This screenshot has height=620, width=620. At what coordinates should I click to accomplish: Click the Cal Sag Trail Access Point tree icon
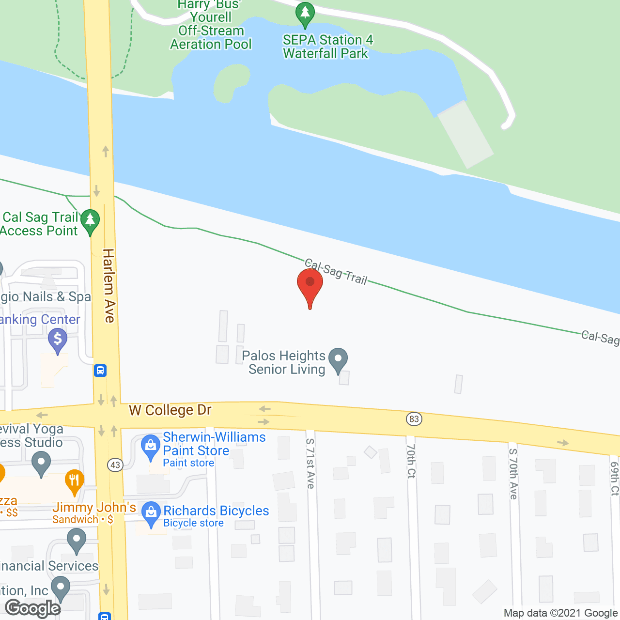90,221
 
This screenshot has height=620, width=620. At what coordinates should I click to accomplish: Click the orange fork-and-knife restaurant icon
74,481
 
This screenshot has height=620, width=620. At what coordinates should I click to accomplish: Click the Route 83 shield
414,419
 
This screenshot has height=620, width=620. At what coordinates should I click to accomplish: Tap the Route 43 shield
115,465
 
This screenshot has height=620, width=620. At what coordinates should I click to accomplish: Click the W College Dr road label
170,410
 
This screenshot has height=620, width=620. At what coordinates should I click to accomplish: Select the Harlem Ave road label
109,286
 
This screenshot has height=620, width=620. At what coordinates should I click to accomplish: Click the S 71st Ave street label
310,464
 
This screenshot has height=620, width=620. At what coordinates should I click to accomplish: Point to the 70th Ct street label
411,461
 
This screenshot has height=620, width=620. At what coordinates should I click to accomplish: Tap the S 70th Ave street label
513,474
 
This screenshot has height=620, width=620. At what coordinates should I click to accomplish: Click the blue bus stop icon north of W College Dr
100,371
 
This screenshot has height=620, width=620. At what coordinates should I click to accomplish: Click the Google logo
33,608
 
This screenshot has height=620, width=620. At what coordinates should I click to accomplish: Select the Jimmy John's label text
94,508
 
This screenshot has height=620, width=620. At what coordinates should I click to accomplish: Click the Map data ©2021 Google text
560,613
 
